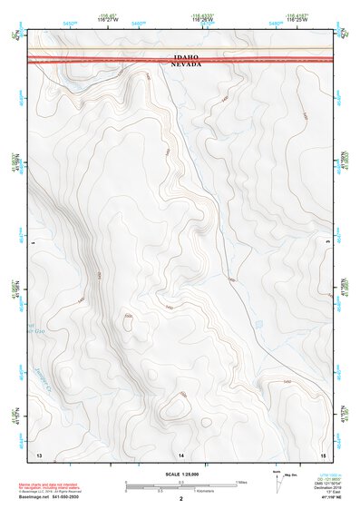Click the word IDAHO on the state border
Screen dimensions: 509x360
coord(190,56)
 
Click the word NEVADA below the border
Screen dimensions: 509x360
coord(190,64)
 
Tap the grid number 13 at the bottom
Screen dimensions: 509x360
coord(39,453)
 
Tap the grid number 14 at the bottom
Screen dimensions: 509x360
coord(181,453)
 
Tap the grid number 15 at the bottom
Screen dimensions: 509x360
coord(323,453)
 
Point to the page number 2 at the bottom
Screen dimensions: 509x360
coord(181,499)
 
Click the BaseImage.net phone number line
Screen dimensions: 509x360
coord(51,498)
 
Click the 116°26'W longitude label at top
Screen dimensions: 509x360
coord(204,19)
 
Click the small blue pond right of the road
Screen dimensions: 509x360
coord(259,323)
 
